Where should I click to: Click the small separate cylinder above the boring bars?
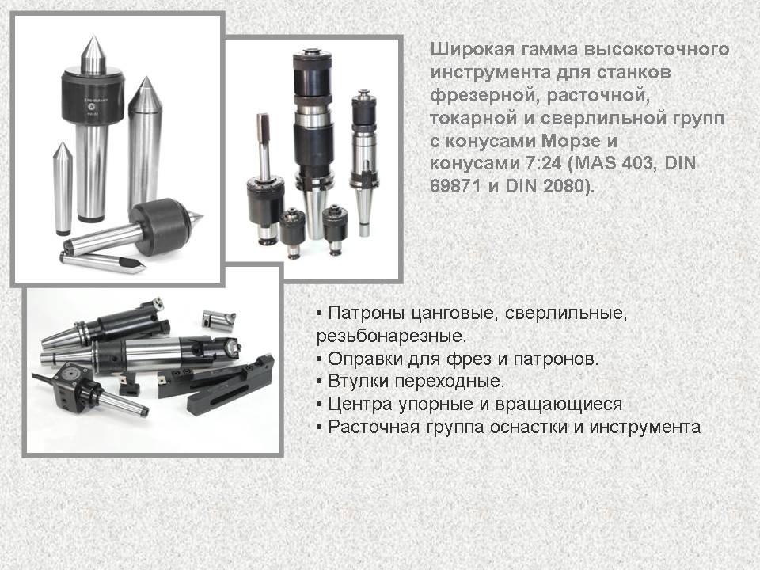[x=218, y=319]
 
